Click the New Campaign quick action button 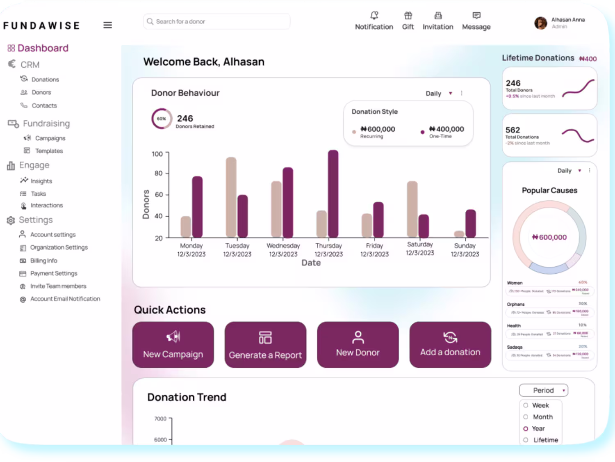click(x=173, y=345)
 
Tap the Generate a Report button click(x=265, y=345)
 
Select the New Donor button click(x=358, y=345)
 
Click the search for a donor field click(x=217, y=21)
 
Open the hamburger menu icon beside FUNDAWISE click(x=107, y=25)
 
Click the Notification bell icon click(x=374, y=16)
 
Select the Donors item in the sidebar click(x=41, y=92)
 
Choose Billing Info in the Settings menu click(x=43, y=261)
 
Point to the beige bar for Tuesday click(x=231, y=197)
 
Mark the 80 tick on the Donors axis click(x=159, y=173)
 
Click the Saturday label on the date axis click(x=420, y=245)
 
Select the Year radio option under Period click(x=526, y=429)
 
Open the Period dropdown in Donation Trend click(x=544, y=390)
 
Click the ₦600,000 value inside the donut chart click(x=549, y=237)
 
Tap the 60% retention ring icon click(x=162, y=119)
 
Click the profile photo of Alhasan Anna click(x=541, y=23)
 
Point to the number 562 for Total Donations click(x=512, y=130)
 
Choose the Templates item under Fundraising click(x=49, y=151)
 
